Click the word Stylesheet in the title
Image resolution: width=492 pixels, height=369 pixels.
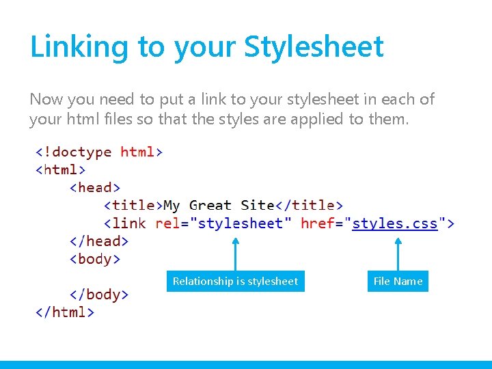point(314,47)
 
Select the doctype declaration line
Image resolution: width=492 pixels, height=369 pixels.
point(99,151)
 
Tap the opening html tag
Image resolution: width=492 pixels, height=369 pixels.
point(60,169)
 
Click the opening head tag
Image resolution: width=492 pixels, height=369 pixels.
point(95,187)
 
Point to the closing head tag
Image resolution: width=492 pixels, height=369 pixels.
point(99,241)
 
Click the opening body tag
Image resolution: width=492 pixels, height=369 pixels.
point(95,258)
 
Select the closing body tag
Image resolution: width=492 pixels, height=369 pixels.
point(99,295)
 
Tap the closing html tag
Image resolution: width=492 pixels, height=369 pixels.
point(65,312)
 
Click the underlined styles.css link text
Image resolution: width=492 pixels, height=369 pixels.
point(395,223)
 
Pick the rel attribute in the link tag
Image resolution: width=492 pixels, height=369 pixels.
point(167,223)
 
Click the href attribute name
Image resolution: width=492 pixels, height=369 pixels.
point(318,223)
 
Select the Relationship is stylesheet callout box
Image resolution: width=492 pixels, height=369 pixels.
point(235,281)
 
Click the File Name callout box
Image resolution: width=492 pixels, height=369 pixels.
point(398,281)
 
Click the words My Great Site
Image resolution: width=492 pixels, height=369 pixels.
point(219,205)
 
